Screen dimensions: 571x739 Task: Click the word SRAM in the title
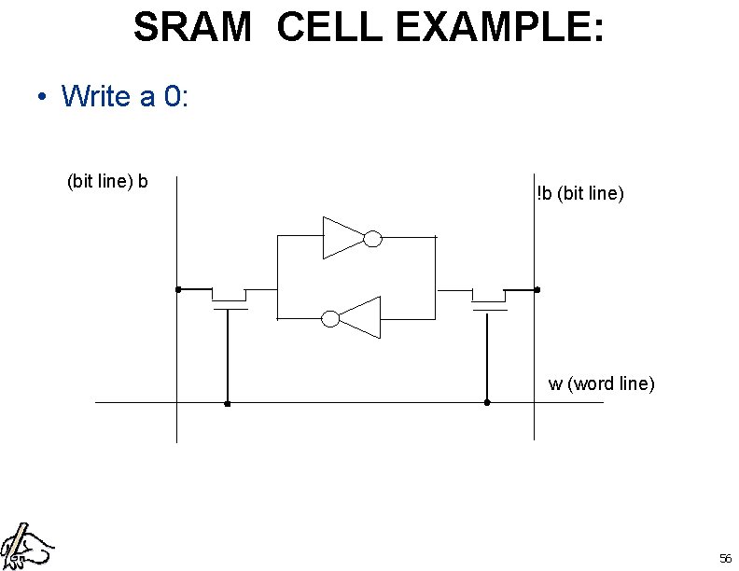click(x=193, y=28)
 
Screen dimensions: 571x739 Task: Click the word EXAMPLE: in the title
click(x=500, y=28)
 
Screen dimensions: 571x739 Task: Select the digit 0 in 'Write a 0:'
click(x=173, y=95)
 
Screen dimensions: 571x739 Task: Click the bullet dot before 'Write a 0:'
click(x=43, y=97)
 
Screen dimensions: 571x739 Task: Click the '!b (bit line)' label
click(x=579, y=194)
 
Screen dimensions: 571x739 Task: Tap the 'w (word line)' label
click(x=601, y=383)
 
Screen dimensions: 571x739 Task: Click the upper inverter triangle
click(x=342, y=238)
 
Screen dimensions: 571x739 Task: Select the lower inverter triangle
click(x=360, y=318)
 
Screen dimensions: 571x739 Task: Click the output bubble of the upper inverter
click(x=372, y=239)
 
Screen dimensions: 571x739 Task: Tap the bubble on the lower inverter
click(x=330, y=318)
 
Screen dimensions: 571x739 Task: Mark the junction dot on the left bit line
click(x=177, y=289)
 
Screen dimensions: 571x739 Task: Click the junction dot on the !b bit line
click(x=537, y=290)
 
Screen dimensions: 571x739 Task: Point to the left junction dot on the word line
click(x=228, y=404)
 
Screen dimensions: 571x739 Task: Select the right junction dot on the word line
click(x=487, y=402)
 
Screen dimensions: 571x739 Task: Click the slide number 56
click(x=725, y=558)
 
